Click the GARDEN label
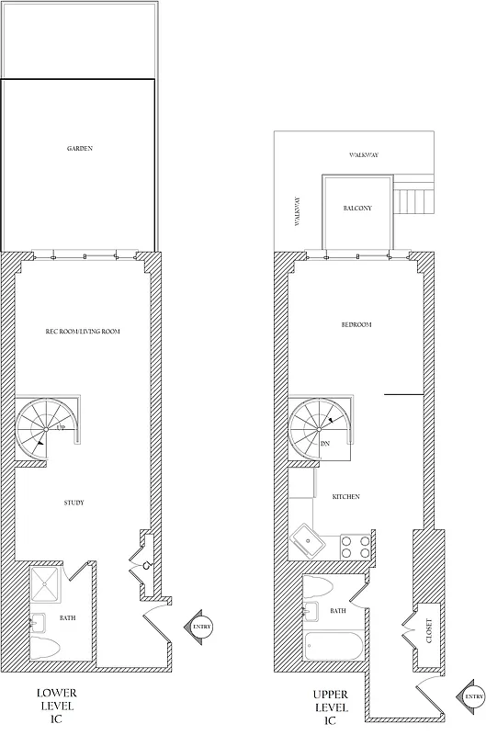point(80,148)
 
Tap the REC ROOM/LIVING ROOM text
point(84,331)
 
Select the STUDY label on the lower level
point(74,503)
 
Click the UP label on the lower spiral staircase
point(60,429)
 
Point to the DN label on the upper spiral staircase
point(325,444)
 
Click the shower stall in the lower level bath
point(48,585)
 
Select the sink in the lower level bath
point(36,622)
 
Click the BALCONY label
point(356,209)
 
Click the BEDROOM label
point(356,325)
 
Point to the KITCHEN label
point(345,497)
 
